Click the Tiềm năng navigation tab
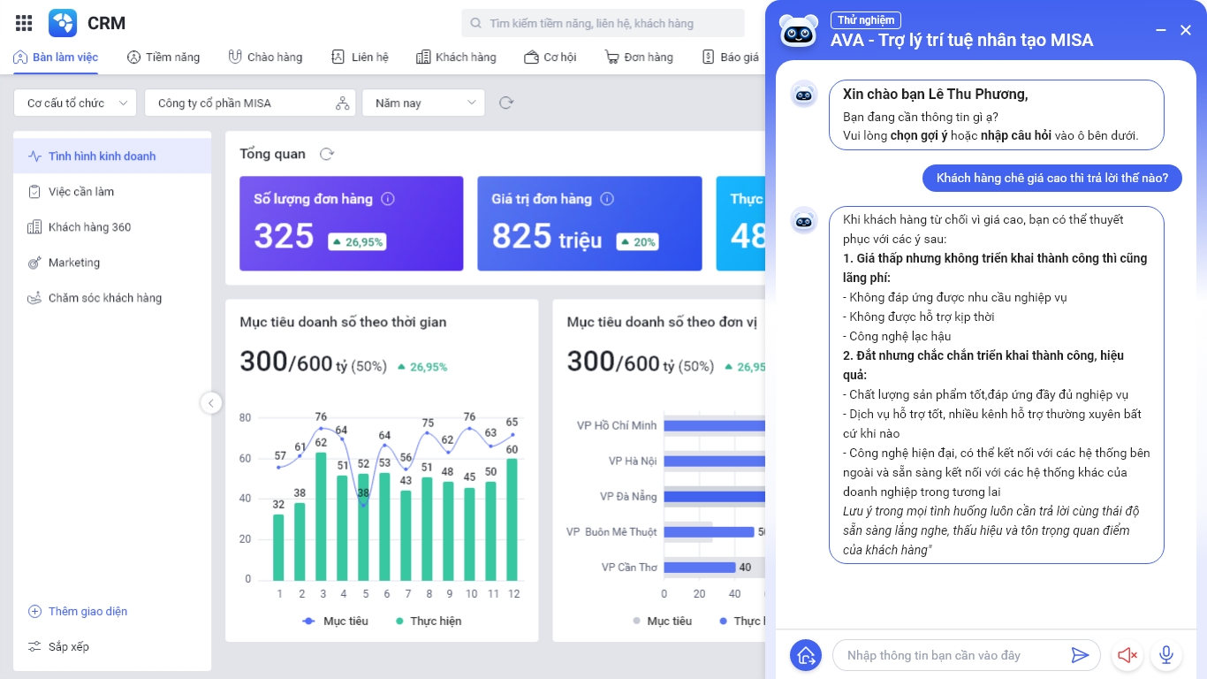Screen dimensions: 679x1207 click(x=163, y=57)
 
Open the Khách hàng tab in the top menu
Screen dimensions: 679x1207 click(x=456, y=57)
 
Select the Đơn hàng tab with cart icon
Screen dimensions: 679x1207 click(x=639, y=57)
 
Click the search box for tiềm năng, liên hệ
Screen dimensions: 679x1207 click(x=603, y=24)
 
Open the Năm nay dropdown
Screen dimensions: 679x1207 click(x=423, y=103)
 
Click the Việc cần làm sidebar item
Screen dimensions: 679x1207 click(x=81, y=192)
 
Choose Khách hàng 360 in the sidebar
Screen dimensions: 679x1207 click(x=89, y=227)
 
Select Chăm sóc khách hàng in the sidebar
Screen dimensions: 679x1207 click(x=104, y=298)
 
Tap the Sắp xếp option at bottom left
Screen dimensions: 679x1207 click(x=68, y=646)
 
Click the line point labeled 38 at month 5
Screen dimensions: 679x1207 click(x=362, y=503)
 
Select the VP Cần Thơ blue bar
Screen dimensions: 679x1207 click(x=699, y=568)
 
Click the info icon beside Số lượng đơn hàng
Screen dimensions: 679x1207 click(x=387, y=200)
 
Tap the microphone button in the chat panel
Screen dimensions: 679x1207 click(x=1166, y=655)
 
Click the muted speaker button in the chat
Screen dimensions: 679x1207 click(x=1127, y=655)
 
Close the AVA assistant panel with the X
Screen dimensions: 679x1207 click(x=1186, y=31)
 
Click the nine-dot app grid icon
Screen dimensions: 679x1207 click(x=24, y=23)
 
